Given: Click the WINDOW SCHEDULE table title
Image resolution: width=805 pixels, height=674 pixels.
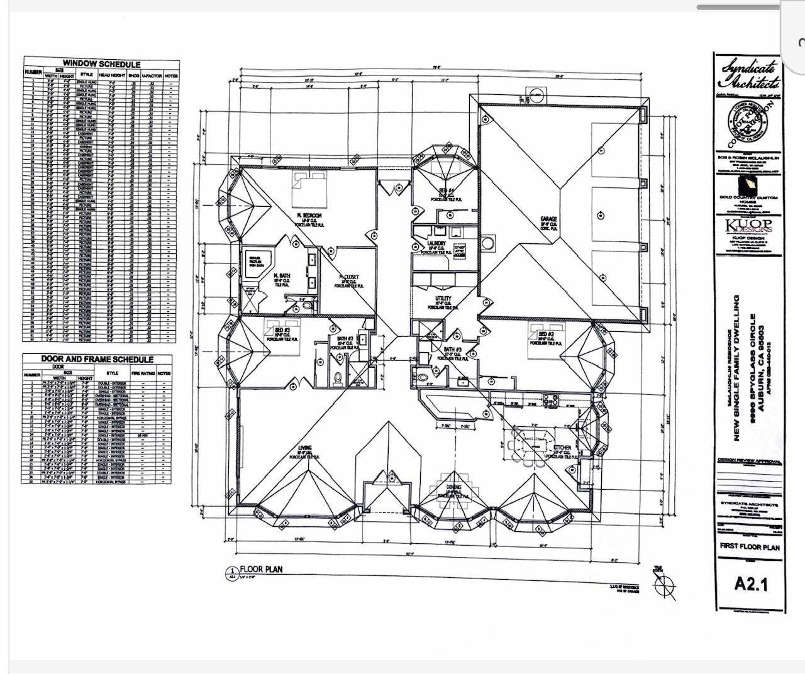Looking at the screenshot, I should click(101, 64).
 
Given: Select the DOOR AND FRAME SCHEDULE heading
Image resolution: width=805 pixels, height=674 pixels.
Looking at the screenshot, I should click(97, 359).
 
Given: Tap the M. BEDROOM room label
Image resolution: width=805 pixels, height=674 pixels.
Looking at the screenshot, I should click(310, 216).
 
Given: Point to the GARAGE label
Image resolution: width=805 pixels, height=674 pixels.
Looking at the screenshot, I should click(548, 220).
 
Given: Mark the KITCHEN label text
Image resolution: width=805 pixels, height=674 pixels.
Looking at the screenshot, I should click(562, 448).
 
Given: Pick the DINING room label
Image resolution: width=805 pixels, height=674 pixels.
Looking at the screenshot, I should click(453, 487).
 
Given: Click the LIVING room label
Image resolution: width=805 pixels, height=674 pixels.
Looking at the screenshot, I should click(304, 449).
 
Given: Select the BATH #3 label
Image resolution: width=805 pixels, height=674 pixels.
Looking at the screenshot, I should click(453, 350).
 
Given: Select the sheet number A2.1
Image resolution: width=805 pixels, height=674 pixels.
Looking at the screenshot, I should click(751, 584).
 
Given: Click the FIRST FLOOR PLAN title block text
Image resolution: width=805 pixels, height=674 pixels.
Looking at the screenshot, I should click(750, 547).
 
